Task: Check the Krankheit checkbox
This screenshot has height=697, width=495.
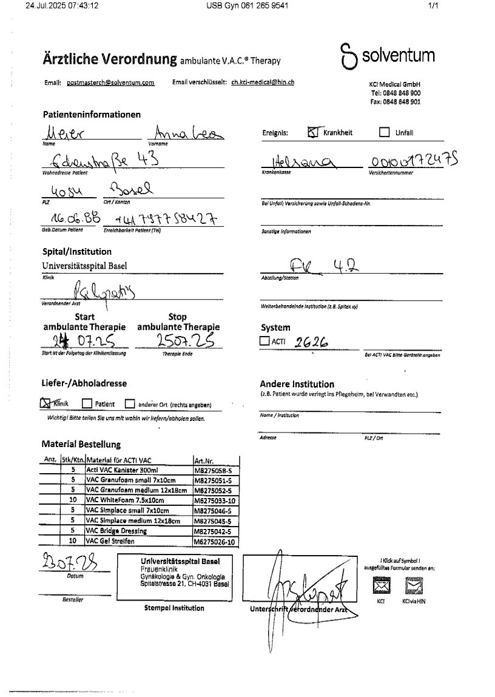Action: (314, 132)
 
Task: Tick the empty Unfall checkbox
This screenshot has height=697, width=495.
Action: (384, 132)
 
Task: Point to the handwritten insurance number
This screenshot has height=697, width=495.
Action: (414, 161)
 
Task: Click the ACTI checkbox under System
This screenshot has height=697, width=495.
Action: (264, 342)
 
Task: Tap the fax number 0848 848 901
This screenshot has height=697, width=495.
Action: (396, 103)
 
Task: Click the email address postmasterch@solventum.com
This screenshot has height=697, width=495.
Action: (110, 82)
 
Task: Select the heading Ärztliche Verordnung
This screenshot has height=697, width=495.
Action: (109, 59)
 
